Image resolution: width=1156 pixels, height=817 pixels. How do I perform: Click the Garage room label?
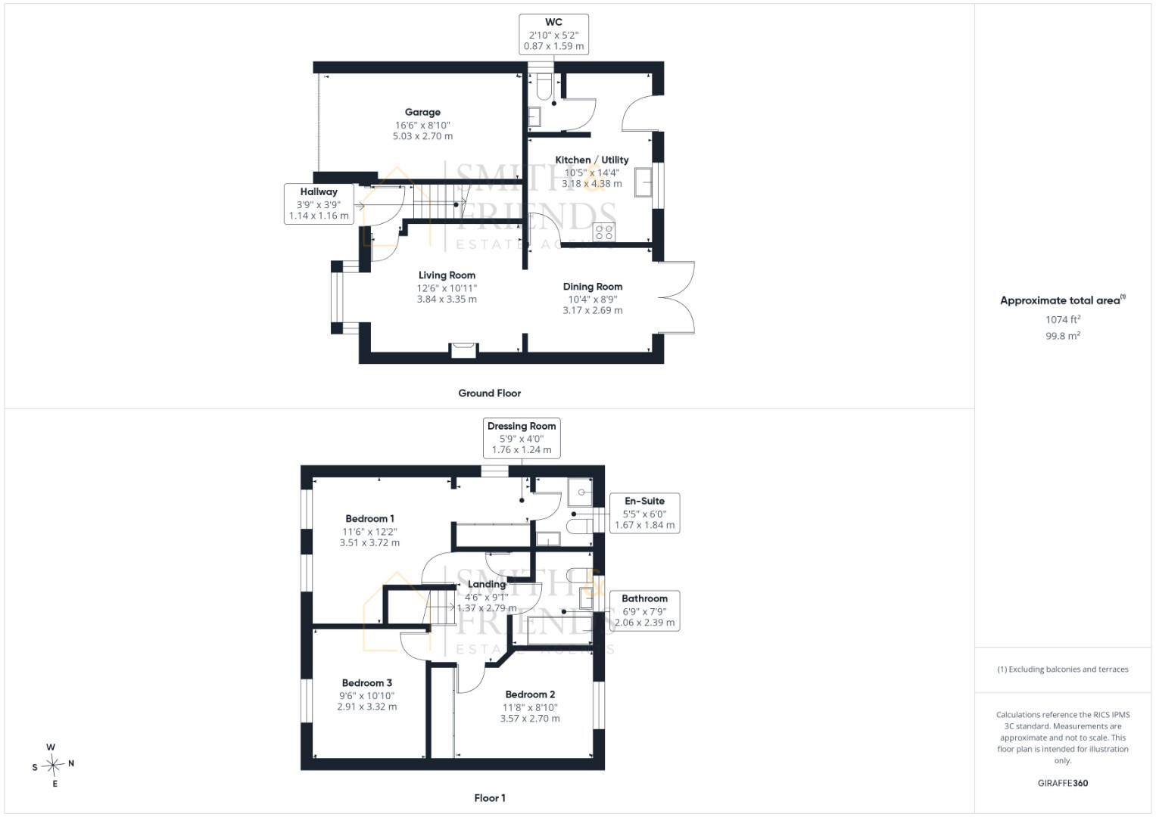(422, 112)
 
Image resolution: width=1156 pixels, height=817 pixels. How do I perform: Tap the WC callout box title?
(553, 22)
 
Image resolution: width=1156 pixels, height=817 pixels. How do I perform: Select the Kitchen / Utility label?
(591, 160)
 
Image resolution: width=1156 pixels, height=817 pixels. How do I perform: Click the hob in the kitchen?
(604, 231)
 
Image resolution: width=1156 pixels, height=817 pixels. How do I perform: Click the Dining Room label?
(593, 287)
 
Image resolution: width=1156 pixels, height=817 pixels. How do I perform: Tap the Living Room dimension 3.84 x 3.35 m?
(447, 299)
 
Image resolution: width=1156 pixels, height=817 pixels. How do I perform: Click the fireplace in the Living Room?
(463, 350)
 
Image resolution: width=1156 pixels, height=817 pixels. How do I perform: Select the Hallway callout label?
(319, 192)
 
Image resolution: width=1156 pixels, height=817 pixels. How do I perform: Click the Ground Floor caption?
(489, 393)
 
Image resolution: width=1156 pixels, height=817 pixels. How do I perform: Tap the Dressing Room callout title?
(522, 426)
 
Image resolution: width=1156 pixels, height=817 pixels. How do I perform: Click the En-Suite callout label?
(644, 501)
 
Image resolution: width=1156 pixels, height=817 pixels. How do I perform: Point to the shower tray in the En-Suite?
(580, 492)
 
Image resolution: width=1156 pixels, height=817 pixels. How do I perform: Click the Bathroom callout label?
(644, 598)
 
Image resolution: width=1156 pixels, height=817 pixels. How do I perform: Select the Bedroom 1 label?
(370, 518)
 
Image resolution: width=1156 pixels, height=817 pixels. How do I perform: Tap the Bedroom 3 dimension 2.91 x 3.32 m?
(367, 707)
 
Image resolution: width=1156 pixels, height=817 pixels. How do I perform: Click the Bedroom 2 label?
(530, 694)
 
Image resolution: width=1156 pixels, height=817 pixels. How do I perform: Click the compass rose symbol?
(53, 764)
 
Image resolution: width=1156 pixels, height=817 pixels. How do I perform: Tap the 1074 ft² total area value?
(1063, 319)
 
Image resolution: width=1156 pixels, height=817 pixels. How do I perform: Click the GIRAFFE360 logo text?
(1063, 783)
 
